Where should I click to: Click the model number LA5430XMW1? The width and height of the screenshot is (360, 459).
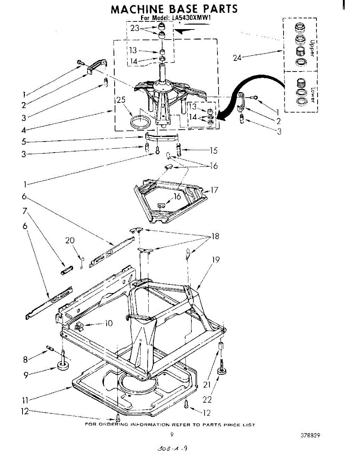pyautogui.click(x=191, y=18)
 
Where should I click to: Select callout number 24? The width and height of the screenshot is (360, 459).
pyautogui.click(x=237, y=58)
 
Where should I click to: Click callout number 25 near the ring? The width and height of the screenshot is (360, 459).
pyautogui.click(x=121, y=100)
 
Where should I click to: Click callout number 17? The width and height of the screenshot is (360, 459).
pyautogui.click(x=214, y=190)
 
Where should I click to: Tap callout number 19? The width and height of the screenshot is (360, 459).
pyautogui.click(x=216, y=259)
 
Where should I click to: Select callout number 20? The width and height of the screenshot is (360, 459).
pyautogui.click(x=70, y=240)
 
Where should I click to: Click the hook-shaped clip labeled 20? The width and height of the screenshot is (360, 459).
pyautogui.click(x=82, y=264)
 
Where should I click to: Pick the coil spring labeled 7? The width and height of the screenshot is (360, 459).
pyautogui.click(x=67, y=270)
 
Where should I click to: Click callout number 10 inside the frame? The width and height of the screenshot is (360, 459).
pyautogui.click(x=109, y=323)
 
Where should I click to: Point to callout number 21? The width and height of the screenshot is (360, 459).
pyautogui.click(x=207, y=384)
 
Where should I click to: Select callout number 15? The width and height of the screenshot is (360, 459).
pyautogui.click(x=214, y=150)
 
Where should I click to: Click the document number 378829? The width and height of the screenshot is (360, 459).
pyautogui.click(x=310, y=435)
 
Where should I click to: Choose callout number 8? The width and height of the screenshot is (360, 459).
pyautogui.click(x=25, y=359)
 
